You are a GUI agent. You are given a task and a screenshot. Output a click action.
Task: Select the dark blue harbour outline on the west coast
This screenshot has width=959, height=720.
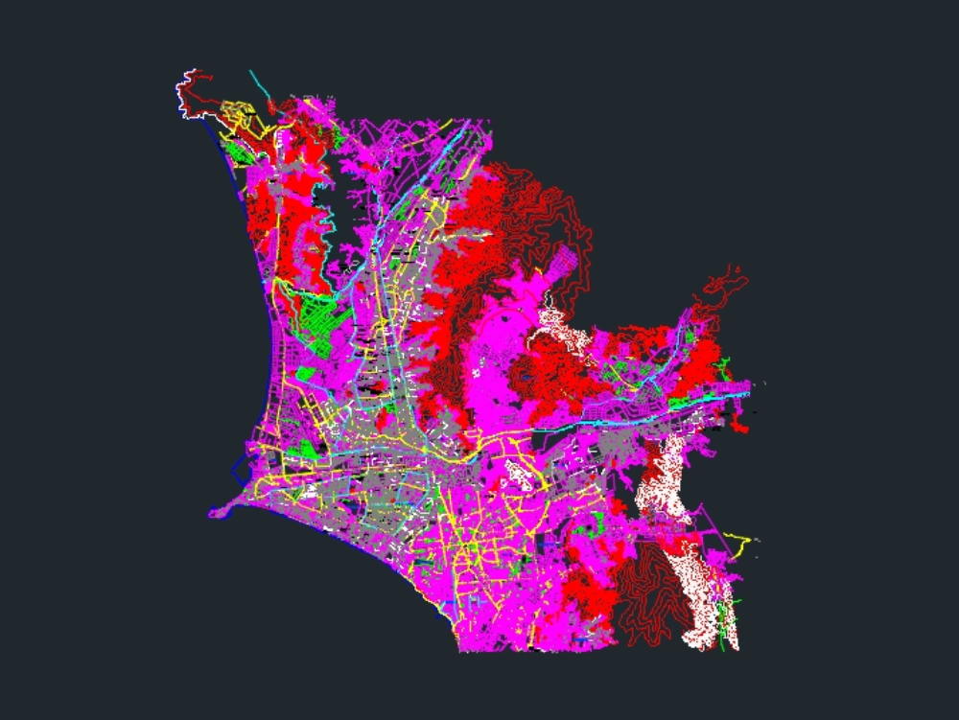(240, 472)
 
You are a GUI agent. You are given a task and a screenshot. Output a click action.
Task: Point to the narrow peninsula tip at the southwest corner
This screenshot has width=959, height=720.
(217, 512)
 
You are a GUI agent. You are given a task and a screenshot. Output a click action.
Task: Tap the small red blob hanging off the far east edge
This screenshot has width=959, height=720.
(737, 422)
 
